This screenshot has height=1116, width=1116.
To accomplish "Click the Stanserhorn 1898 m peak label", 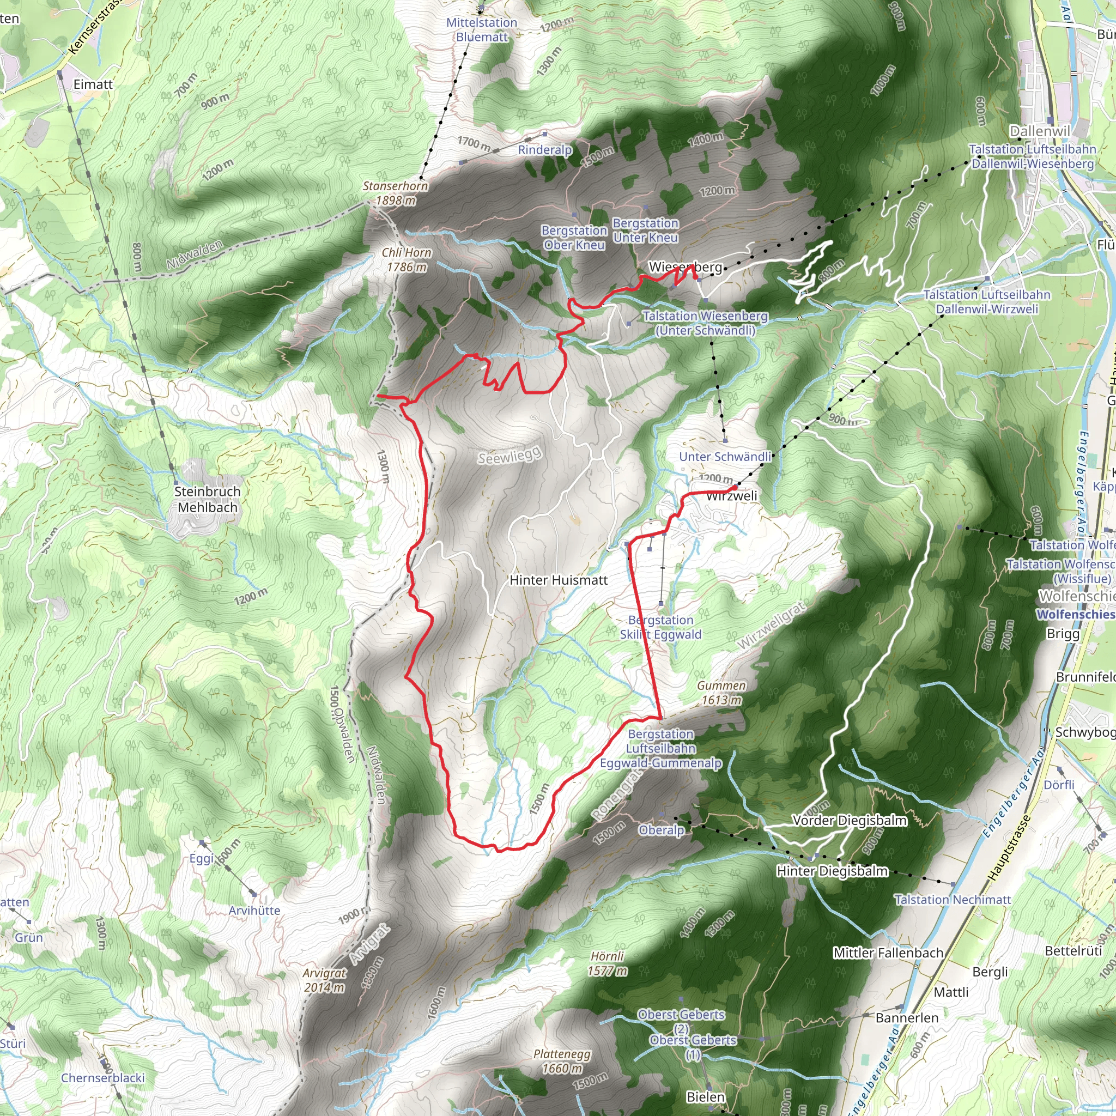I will pyautogui.click(x=395, y=193).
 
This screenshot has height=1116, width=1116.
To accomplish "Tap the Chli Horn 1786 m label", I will pyautogui.click(x=407, y=260).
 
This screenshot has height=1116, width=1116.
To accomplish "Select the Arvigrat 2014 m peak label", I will pyautogui.click(x=324, y=980).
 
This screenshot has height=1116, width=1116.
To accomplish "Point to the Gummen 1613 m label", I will pyautogui.click(x=721, y=693).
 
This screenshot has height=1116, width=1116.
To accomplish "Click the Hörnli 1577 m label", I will pyautogui.click(x=607, y=963).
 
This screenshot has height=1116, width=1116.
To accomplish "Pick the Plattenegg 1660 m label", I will pyautogui.click(x=562, y=1061).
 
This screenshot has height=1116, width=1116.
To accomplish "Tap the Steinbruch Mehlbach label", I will pyautogui.click(x=208, y=499).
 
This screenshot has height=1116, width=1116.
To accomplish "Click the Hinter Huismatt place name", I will pyautogui.click(x=559, y=580).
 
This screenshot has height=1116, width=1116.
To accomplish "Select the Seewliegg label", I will pyautogui.click(x=510, y=455).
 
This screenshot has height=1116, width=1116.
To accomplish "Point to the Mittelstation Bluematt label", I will pyautogui.click(x=482, y=29).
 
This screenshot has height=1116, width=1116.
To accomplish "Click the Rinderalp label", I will pyautogui.click(x=545, y=150).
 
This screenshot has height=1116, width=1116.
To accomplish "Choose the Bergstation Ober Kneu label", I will pyautogui.click(x=574, y=238).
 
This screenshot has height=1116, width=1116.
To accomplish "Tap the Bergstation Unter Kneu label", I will pyautogui.click(x=645, y=230).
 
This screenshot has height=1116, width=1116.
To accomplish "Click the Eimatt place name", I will pyautogui.click(x=93, y=84).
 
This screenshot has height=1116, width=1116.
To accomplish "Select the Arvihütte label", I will pyautogui.click(x=254, y=911).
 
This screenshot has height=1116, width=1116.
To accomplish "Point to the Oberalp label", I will pyautogui.click(x=662, y=830).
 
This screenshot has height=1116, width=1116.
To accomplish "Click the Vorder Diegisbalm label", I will pyautogui.click(x=849, y=820).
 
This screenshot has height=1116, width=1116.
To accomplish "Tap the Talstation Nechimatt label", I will pyautogui.click(x=953, y=899).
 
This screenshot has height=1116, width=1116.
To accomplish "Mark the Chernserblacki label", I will pyautogui.click(x=103, y=1078).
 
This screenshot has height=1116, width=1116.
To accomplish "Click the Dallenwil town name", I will pyautogui.click(x=1040, y=131).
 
